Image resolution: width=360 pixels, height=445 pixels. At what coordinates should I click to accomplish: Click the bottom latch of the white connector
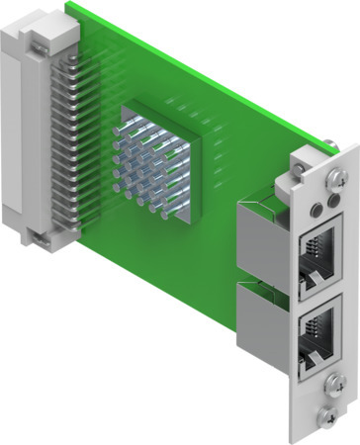point(38,237)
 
